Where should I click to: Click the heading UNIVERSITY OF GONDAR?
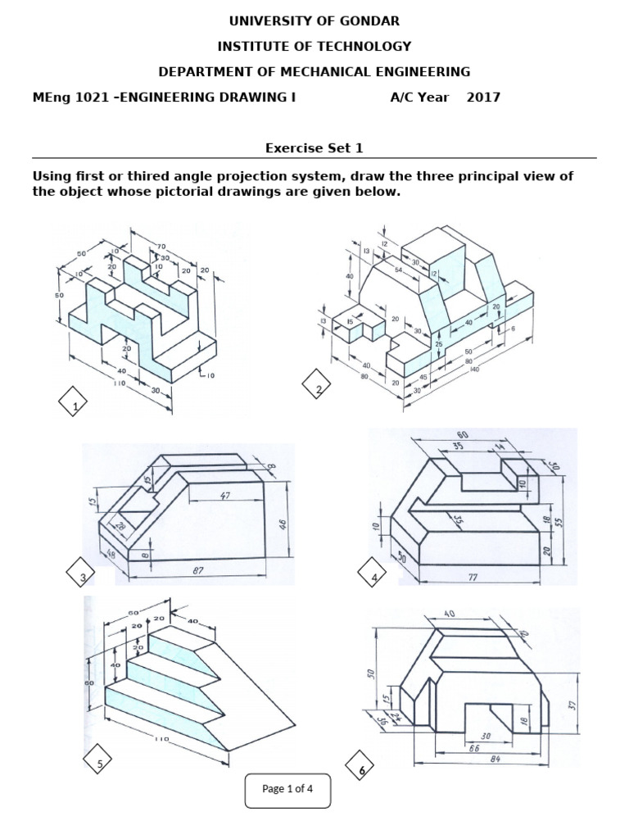click(314, 20)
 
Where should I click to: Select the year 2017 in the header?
click(483, 98)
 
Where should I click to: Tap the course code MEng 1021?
click(70, 98)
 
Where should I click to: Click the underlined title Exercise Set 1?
click(314, 148)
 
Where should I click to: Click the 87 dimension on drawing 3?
click(197, 570)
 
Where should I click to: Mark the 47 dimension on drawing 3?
click(225, 497)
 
